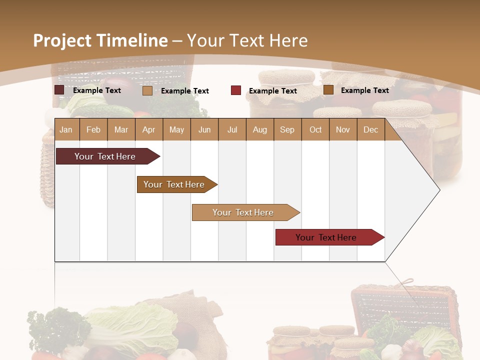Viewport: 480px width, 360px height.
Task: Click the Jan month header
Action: (66, 130)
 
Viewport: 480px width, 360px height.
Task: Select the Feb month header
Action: (93, 130)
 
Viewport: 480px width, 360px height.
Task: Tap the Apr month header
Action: (148, 130)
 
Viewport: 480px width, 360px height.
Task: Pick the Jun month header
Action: (204, 130)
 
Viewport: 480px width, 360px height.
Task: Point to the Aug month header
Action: (259, 130)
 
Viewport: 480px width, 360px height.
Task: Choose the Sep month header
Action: (287, 130)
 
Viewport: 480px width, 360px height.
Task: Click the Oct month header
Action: (315, 130)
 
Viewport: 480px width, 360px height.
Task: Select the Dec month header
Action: (370, 130)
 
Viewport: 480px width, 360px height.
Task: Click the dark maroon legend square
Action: (59, 90)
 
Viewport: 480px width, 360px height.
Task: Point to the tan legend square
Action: (147, 90)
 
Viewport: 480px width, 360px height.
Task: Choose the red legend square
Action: (236, 90)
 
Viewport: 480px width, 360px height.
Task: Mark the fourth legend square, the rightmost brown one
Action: (328, 90)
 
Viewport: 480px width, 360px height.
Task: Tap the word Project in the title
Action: (62, 40)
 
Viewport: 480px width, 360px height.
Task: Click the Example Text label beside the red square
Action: (272, 91)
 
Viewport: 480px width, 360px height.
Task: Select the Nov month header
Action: (343, 130)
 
